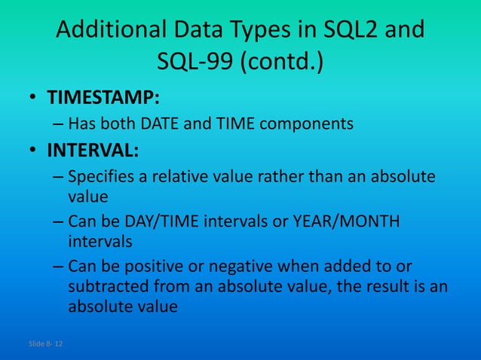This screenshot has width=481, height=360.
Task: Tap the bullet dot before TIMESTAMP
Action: (x=34, y=99)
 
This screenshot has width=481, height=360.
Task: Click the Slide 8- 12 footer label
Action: (x=46, y=344)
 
